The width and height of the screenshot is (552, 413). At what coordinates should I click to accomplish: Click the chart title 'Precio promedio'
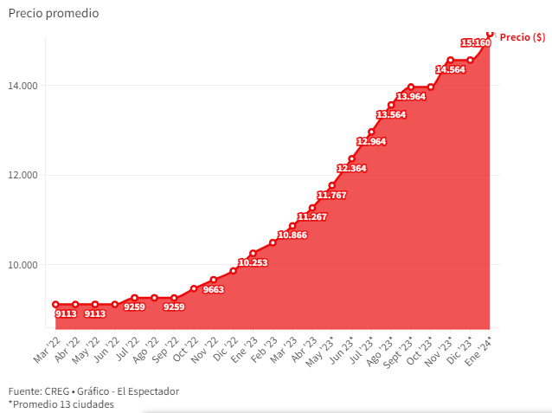[54, 14]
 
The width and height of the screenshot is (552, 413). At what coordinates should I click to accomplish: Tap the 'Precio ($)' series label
[522, 37]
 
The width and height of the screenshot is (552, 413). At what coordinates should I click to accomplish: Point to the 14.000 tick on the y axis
[24, 86]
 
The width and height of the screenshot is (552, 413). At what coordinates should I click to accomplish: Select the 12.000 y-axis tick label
[24, 175]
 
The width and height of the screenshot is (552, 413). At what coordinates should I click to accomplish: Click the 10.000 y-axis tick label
[24, 265]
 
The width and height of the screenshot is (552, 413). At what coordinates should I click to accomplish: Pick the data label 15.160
[476, 42]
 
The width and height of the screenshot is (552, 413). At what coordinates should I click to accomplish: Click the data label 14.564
[450, 69]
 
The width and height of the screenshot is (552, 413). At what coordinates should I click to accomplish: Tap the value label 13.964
[411, 96]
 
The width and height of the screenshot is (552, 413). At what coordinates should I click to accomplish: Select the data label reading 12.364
[352, 168]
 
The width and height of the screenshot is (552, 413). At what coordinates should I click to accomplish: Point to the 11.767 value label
[332, 195]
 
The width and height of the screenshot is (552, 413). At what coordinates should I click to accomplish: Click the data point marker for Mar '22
[55, 304]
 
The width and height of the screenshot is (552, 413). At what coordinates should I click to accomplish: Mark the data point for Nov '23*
[450, 60]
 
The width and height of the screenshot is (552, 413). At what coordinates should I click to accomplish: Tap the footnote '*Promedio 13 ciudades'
[61, 403]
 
